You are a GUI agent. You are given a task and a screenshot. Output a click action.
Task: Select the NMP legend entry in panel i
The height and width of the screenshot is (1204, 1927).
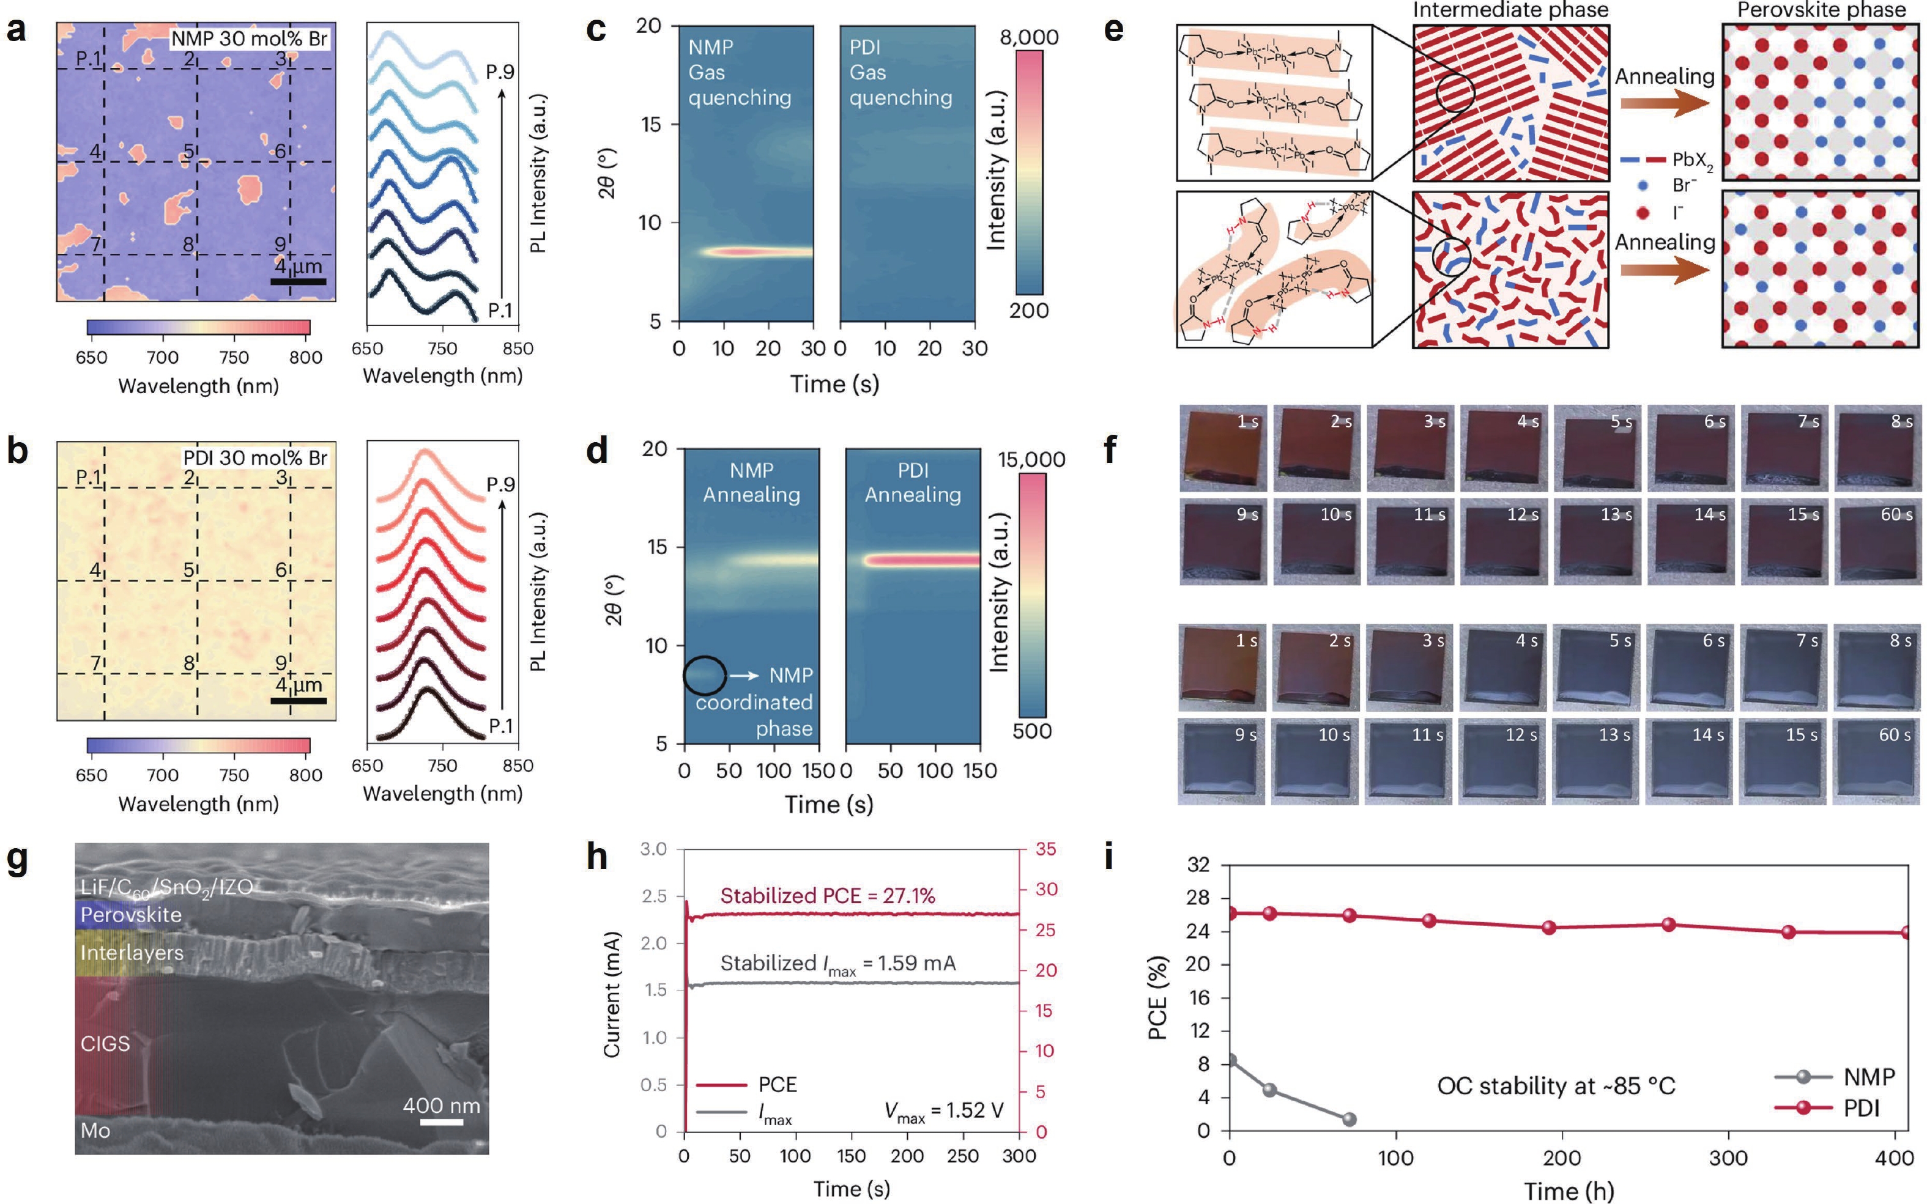[1869, 1077]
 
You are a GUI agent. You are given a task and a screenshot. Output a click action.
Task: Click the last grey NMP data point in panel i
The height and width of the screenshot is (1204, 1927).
[1349, 1119]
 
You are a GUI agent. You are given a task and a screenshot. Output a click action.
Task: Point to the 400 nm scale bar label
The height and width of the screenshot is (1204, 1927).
[440, 1106]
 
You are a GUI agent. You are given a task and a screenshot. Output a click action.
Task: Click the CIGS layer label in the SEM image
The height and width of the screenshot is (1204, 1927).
[105, 1043]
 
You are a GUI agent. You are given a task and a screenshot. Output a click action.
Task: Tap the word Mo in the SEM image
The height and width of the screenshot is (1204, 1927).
[95, 1130]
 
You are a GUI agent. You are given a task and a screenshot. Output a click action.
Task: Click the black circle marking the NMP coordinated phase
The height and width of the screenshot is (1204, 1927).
[704, 675]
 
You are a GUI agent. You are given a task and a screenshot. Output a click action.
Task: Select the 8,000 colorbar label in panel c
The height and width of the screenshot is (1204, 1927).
[1029, 37]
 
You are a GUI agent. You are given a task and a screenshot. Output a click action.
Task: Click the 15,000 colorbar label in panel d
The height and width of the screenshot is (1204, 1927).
[1031, 459]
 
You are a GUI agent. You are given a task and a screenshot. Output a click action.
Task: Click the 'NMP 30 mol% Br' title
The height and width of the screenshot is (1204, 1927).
[250, 39]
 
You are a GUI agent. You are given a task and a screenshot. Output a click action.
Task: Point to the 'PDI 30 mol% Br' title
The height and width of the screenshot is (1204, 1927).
[255, 458]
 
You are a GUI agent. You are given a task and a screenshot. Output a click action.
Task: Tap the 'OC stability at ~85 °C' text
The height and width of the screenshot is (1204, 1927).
[1555, 1086]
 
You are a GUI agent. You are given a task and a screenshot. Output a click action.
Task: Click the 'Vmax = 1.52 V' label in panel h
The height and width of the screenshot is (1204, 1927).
[943, 1111]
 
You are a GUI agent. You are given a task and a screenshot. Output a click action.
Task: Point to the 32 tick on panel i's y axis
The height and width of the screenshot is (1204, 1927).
[1197, 865]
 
